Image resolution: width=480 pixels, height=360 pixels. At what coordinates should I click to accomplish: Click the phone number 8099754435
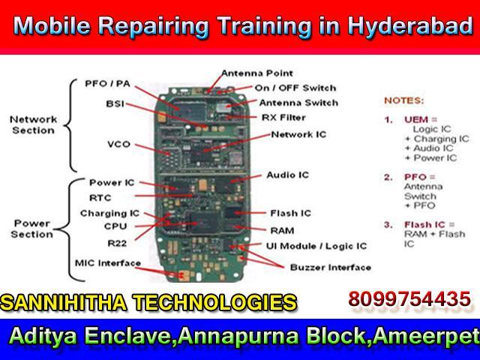coord(409,299)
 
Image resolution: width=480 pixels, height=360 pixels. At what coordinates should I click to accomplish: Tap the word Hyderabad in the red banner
coord(410,25)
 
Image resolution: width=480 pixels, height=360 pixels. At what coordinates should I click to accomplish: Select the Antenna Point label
coord(257,73)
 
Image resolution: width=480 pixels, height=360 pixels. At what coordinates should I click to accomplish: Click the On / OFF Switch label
coord(295,88)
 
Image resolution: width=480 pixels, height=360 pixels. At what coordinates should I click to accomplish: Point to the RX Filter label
coord(283,118)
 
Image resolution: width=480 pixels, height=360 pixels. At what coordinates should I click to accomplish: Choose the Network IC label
coord(298,134)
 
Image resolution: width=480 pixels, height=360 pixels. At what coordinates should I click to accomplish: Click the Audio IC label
coord(288,175)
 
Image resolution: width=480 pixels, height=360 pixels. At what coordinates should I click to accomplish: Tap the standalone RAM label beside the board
coord(282,230)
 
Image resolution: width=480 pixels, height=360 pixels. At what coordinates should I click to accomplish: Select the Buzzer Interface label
coord(331,268)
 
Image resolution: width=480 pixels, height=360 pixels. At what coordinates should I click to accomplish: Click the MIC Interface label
coord(108,263)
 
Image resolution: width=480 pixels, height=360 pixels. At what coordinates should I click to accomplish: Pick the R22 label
coord(117,243)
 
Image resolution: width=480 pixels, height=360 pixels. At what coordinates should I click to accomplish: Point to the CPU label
coord(115,226)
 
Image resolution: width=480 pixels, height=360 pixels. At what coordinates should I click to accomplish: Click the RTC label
coord(100,198)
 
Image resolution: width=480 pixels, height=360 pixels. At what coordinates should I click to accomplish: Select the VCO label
coord(118,144)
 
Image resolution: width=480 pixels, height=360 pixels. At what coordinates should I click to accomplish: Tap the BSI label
coord(115,104)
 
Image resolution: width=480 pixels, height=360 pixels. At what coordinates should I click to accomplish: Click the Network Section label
coord(33,125)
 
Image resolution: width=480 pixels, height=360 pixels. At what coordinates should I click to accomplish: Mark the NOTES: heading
coord(404,100)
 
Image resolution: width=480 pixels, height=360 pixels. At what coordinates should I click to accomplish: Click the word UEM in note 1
coord(416,119)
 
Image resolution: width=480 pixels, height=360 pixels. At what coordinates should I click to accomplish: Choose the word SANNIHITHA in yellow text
coord(64,303)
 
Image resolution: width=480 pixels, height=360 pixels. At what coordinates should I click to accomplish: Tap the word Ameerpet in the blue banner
coord(426,336)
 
